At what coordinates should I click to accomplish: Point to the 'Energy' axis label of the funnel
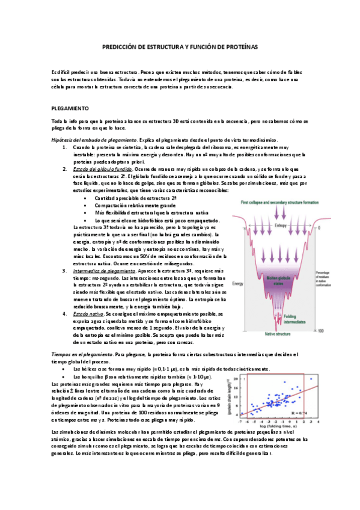tap(238, 283)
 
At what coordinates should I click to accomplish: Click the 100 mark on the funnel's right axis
tap(322, 330)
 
